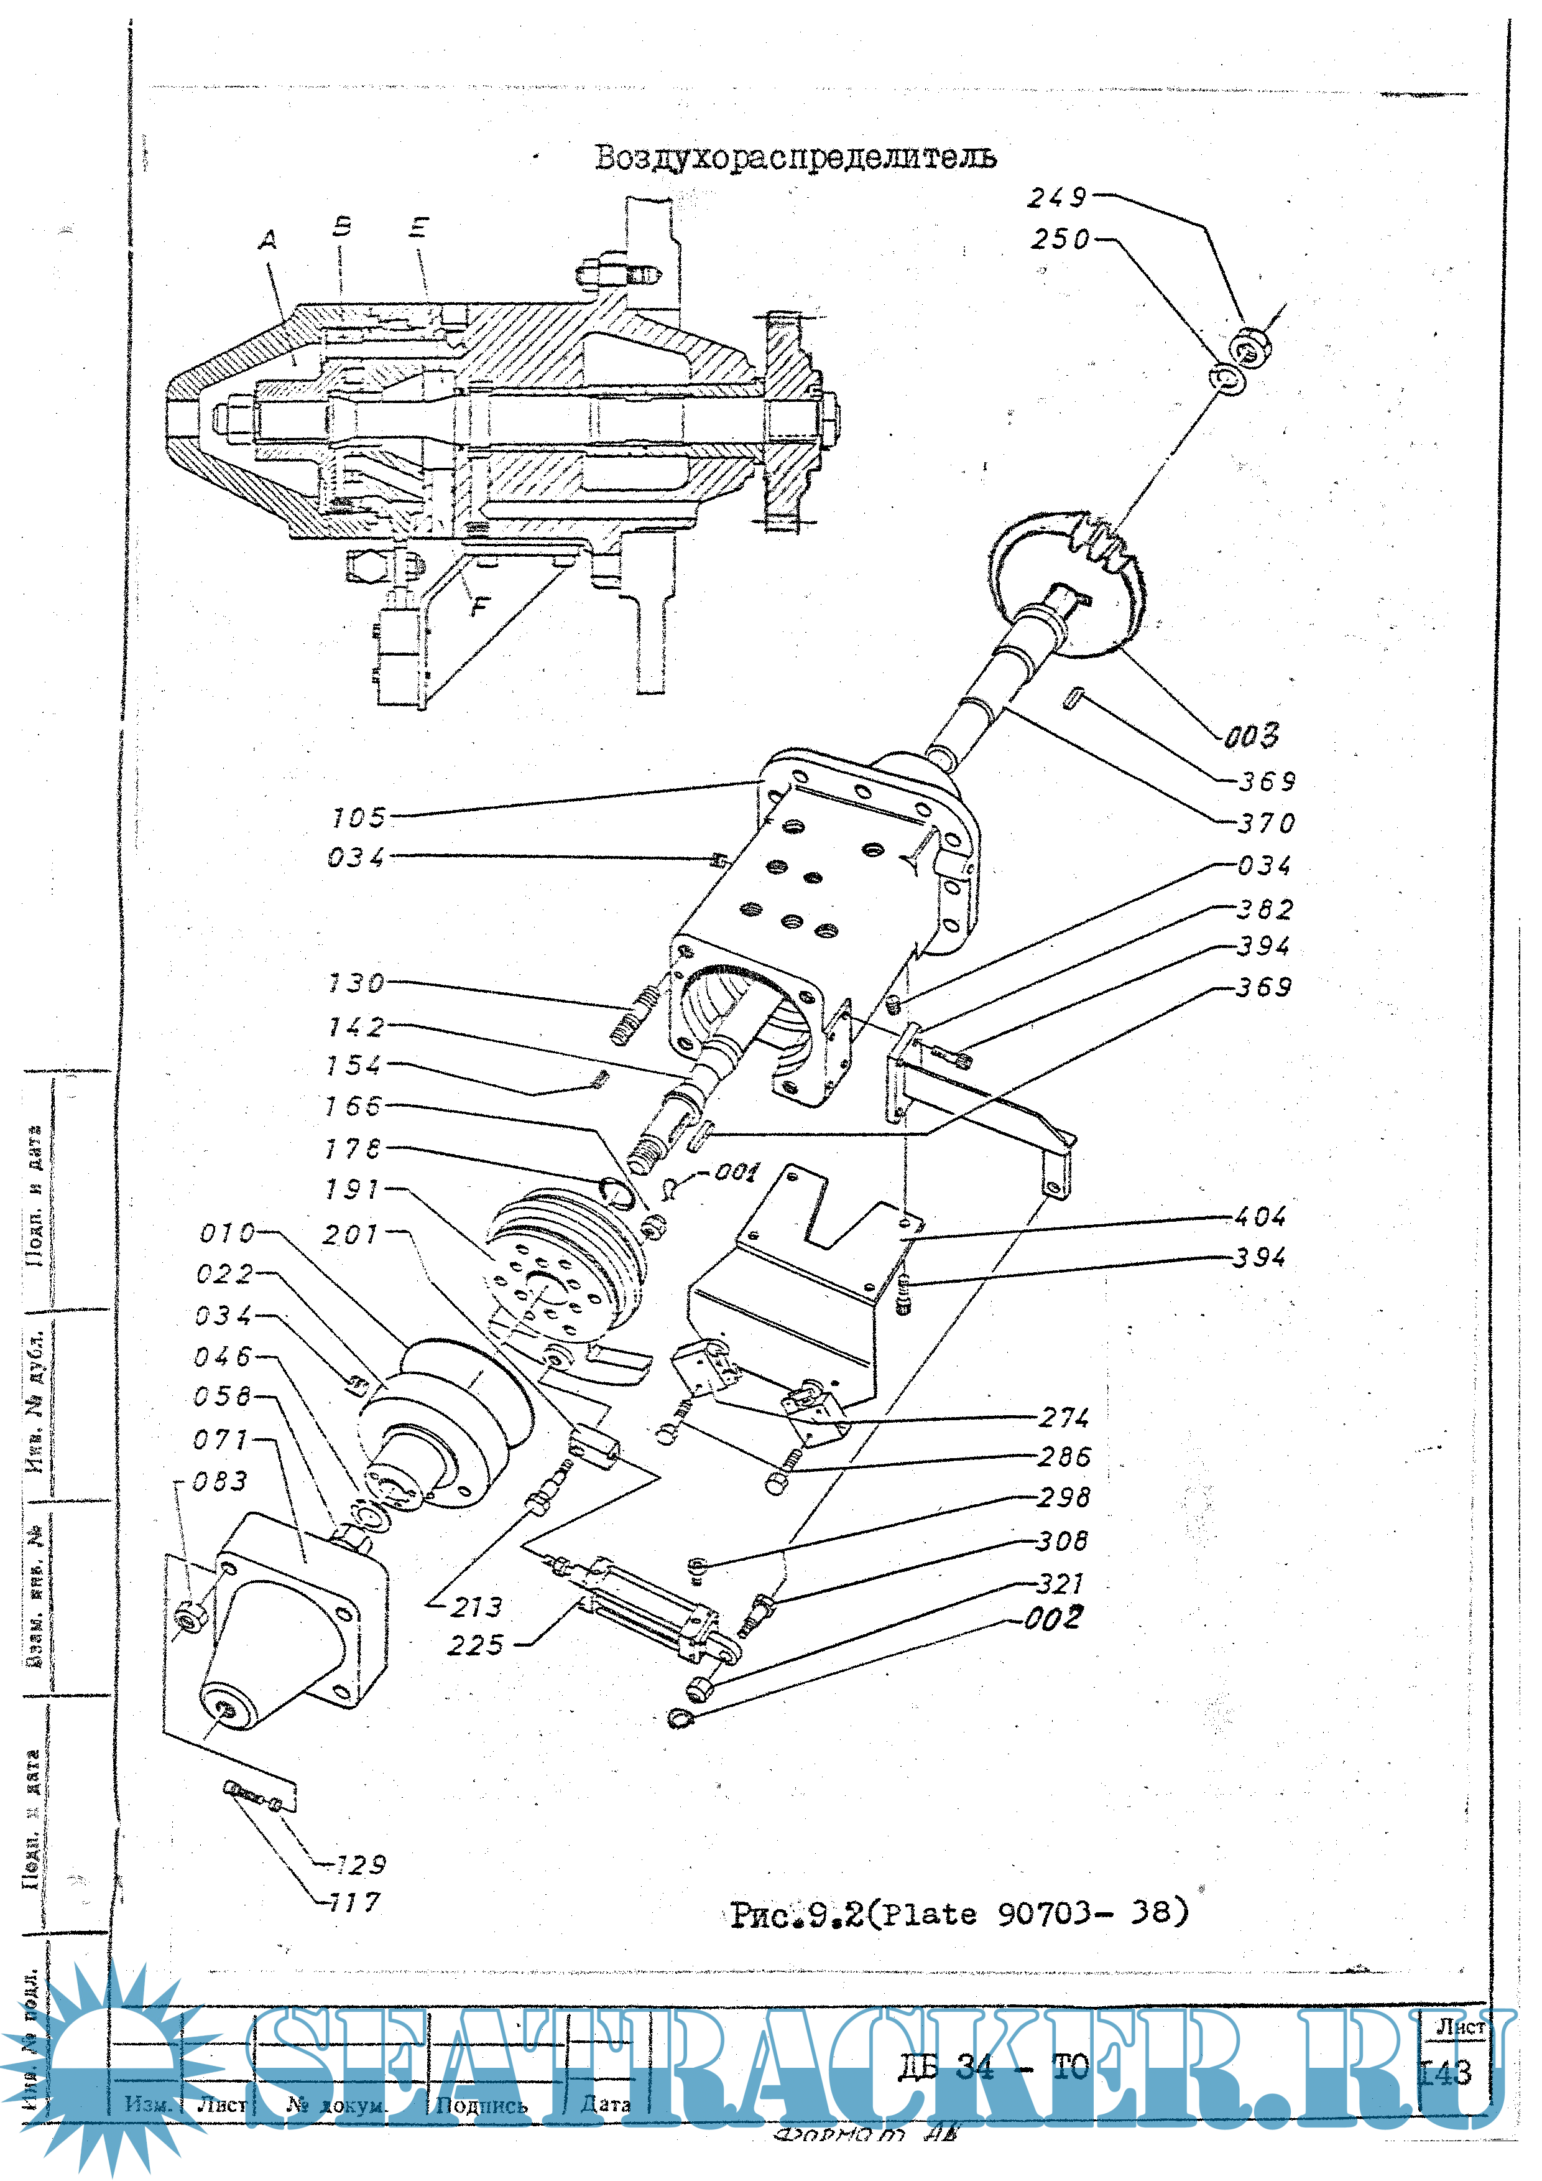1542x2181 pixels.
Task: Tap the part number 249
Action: point(1057,198)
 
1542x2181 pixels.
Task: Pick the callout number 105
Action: point(359,817)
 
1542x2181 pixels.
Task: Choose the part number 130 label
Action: point(356,982)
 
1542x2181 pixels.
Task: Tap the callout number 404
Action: point(1259,1216)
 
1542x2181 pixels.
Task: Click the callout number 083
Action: point(220,1481)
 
